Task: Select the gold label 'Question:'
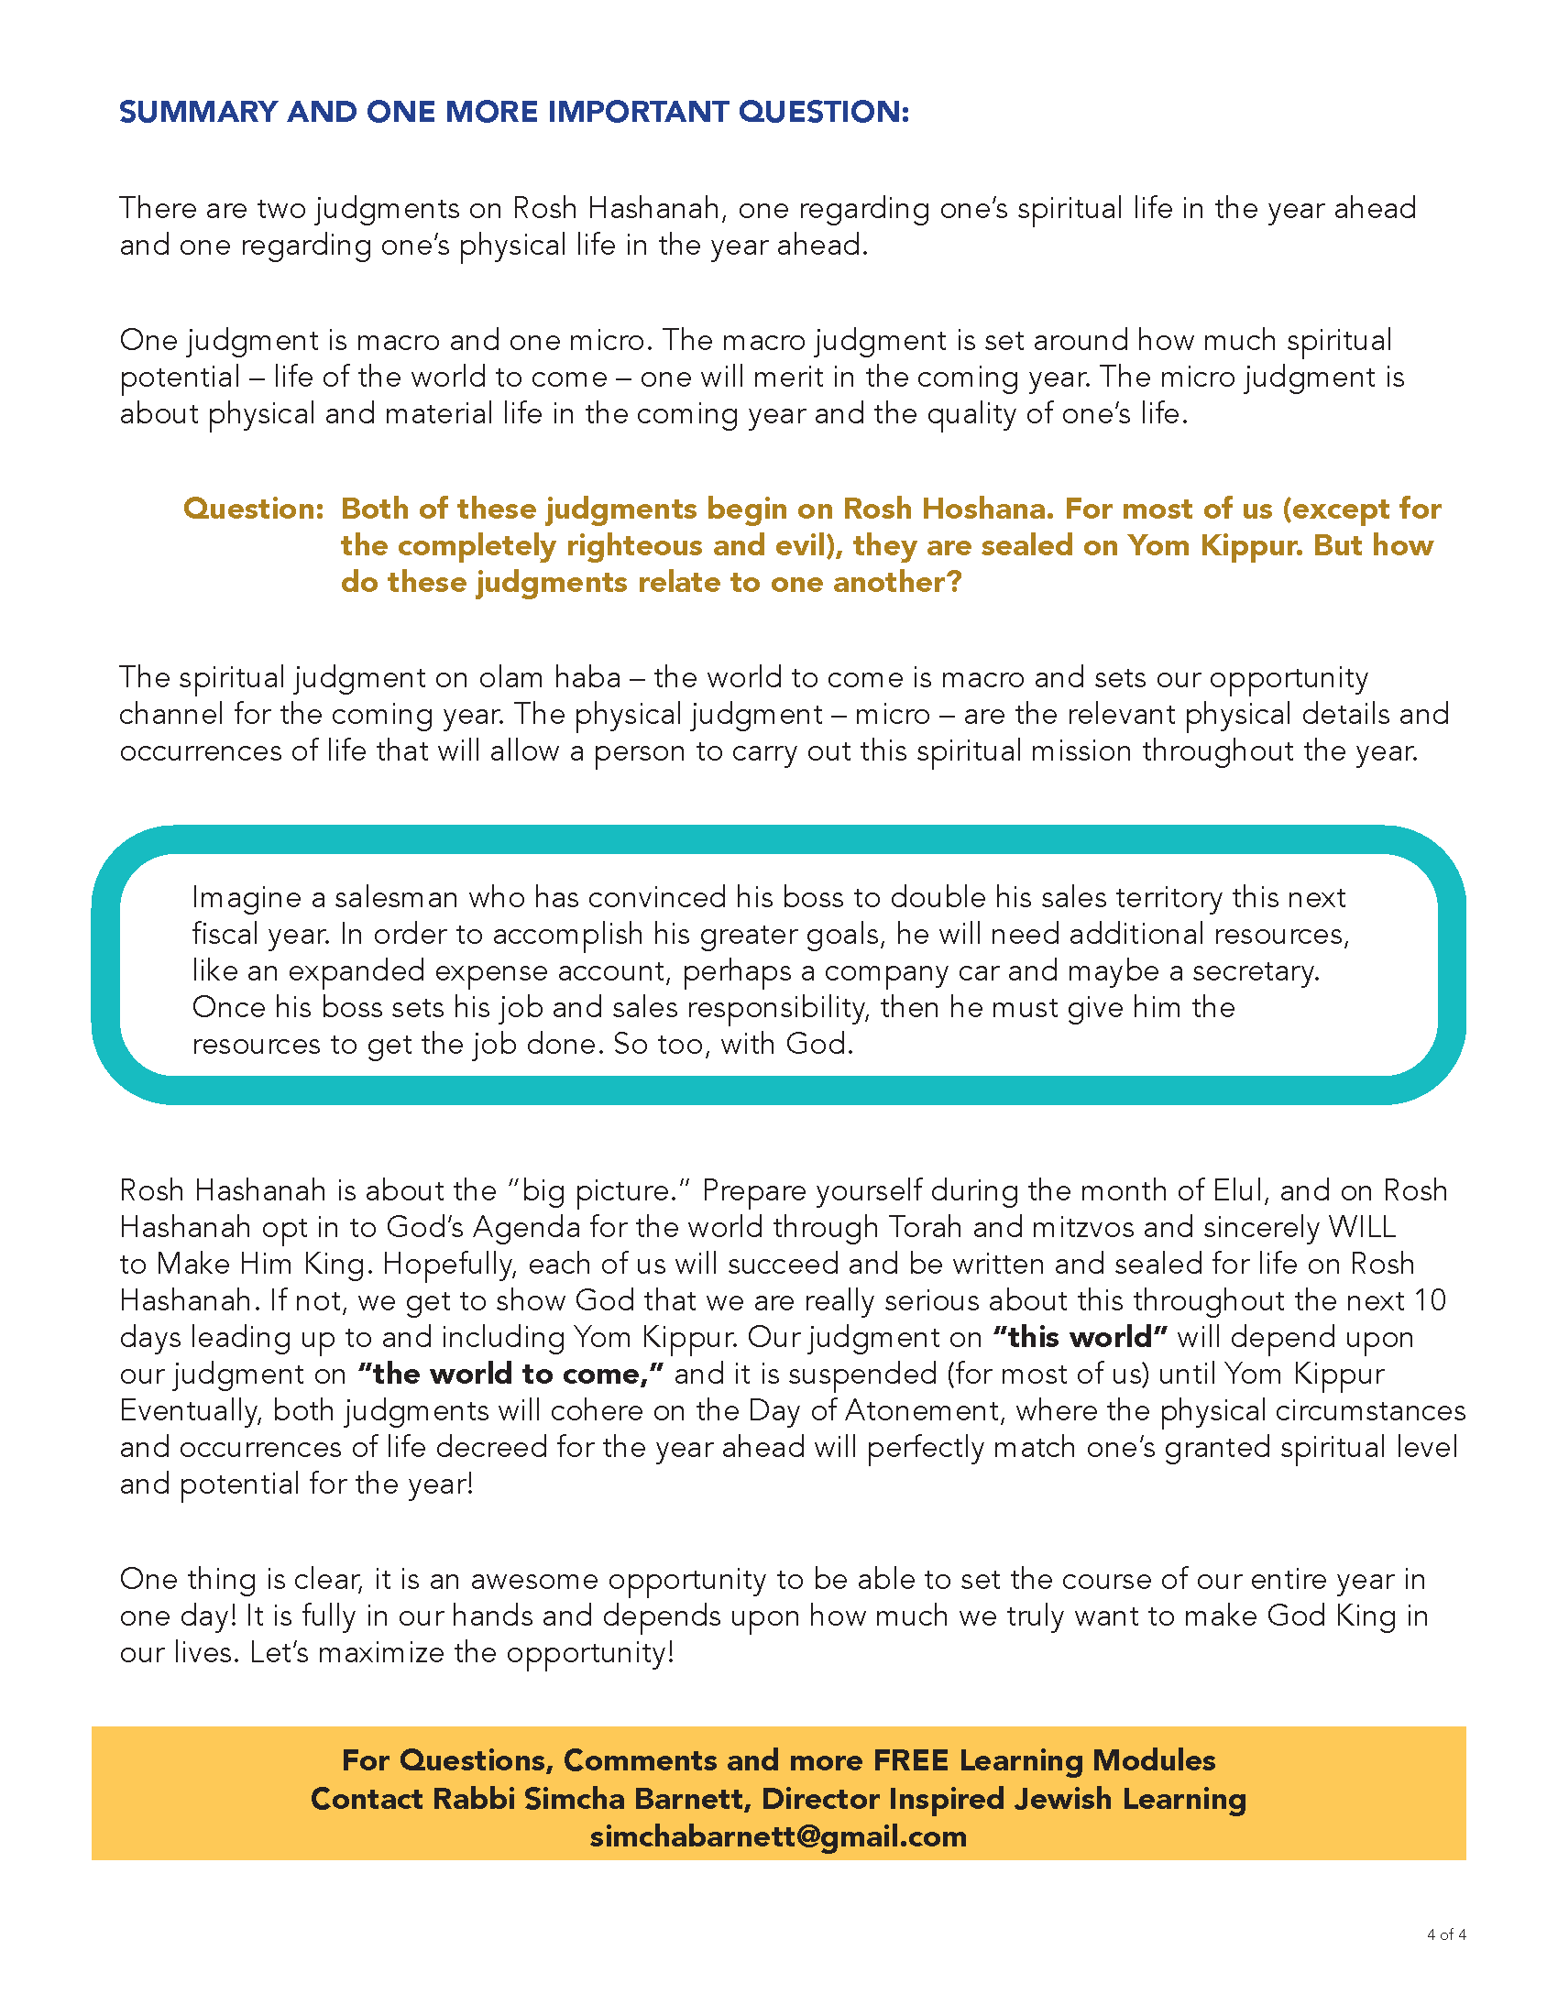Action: (254, 509)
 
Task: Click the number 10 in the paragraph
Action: (1430, 1300)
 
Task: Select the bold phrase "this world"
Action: (1080, 1338)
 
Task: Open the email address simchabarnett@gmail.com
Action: (778, 1836)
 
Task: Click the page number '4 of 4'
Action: (1445, 1934)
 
